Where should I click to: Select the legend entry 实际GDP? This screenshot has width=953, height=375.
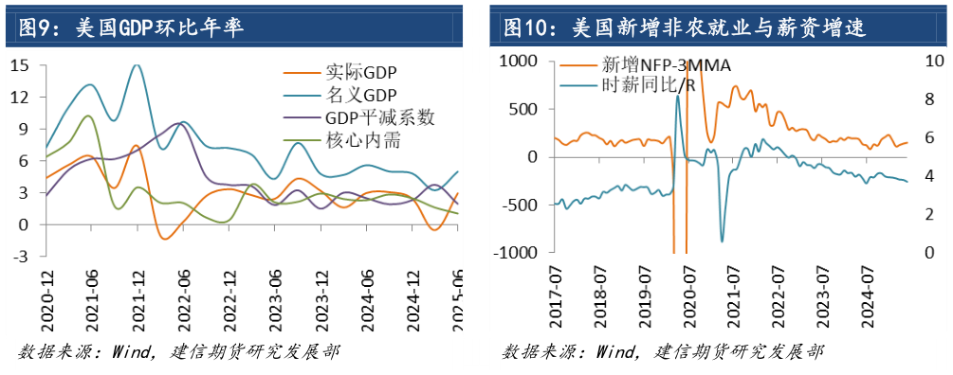tap(361, 72)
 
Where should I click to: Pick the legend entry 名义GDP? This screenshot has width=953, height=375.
tap(361, 95)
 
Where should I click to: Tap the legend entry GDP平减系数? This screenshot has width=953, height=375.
tap(379, 117)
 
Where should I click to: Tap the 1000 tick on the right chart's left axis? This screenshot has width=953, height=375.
tap(520, 61)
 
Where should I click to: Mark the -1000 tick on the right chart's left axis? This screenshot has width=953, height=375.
tap(517, 253)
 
